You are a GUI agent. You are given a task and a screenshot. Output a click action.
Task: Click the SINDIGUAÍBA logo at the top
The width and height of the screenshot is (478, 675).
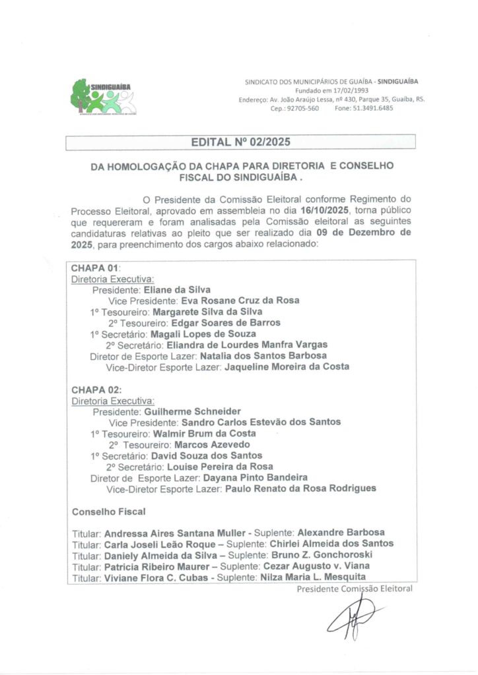pos(102,97)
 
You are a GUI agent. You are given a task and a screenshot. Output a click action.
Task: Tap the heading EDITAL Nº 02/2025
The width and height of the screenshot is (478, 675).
pos(240,142)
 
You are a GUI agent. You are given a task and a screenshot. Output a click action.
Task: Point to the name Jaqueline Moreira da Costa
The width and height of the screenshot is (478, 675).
pos(287,367)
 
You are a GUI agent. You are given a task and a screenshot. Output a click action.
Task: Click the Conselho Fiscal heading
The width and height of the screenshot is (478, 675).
pos(109,511)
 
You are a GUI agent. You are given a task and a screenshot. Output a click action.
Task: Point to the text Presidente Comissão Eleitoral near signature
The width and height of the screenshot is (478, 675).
pos(355,588)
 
